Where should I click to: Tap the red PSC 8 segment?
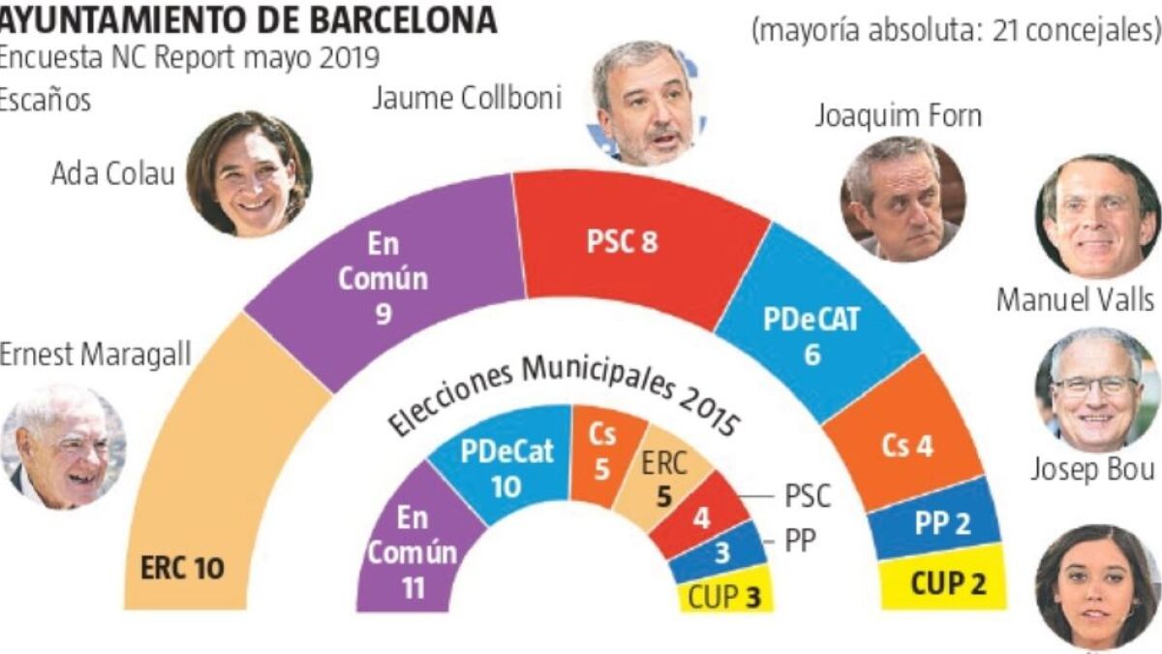click(x=629, y=242)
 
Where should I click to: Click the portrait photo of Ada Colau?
click(x=249, y=173)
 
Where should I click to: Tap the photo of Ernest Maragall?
click(x=63, y=446)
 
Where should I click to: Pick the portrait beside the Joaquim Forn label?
click(x=902, y=198)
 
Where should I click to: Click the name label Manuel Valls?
click(x=1076, y=300)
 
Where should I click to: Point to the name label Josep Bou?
click(x=1090, y=471)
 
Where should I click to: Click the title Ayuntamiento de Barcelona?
click(x=248, y=19)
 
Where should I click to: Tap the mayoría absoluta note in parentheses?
click(x=955, y=30)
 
